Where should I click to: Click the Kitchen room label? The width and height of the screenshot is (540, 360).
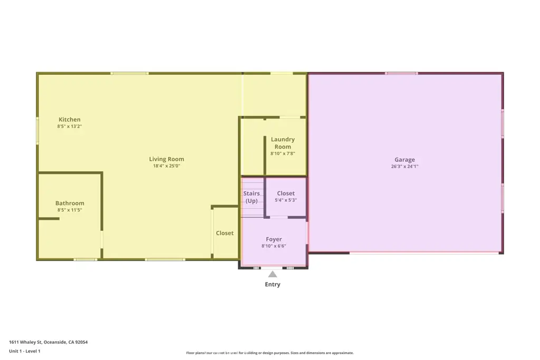(x=70, y=120)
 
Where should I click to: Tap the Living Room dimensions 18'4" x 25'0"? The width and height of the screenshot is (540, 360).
(x=167, y=166)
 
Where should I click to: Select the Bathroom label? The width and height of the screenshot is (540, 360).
(x=70, y=203)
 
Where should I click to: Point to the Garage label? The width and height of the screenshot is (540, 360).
(x=404, y=160)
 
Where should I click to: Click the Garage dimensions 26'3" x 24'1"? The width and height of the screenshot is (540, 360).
(x=404, y=166)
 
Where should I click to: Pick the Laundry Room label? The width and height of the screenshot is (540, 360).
(x=283, y=143)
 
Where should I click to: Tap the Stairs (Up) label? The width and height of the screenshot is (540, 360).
(x=252, y=197)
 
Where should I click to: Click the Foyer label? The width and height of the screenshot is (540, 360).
(x=274, y=239)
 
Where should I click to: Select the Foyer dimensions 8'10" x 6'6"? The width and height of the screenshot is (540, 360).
(x=274, y=246)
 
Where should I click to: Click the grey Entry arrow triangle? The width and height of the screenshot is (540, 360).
(x=273, y=274)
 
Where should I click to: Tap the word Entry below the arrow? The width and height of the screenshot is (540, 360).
(x=273, y=284)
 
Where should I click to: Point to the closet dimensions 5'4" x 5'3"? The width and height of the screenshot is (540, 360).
(x=286, y=200)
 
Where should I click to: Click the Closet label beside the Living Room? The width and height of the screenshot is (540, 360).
(x=225, y=233)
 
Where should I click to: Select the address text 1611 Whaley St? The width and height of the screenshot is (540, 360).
(x=25, y=342)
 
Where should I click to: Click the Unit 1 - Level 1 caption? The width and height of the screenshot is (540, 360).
(x=25, y=351)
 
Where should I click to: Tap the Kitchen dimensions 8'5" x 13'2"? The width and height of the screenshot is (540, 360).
(x=70, y=127)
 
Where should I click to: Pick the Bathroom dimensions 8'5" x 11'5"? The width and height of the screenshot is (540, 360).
(x=70, y=210)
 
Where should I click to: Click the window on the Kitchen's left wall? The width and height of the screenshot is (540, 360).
(x=37, y=130)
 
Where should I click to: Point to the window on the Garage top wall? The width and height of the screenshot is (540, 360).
(x=401, y=73)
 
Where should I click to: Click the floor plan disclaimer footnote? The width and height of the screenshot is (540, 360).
(x=270, y=353)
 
